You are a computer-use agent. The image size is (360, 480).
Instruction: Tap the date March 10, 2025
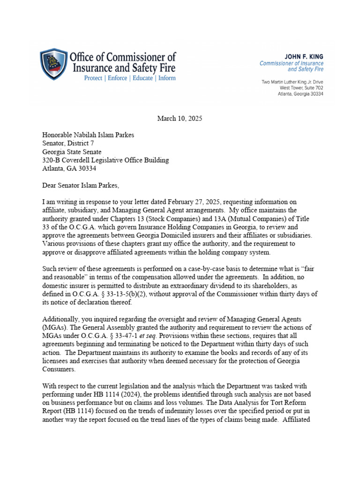point(180,119)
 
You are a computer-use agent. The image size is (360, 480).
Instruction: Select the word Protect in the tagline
point(94,78)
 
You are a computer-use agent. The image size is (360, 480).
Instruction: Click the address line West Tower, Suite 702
point(301,88)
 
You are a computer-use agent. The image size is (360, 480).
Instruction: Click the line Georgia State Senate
point(72,152)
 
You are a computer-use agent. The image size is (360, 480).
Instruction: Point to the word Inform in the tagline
point(167,78)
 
